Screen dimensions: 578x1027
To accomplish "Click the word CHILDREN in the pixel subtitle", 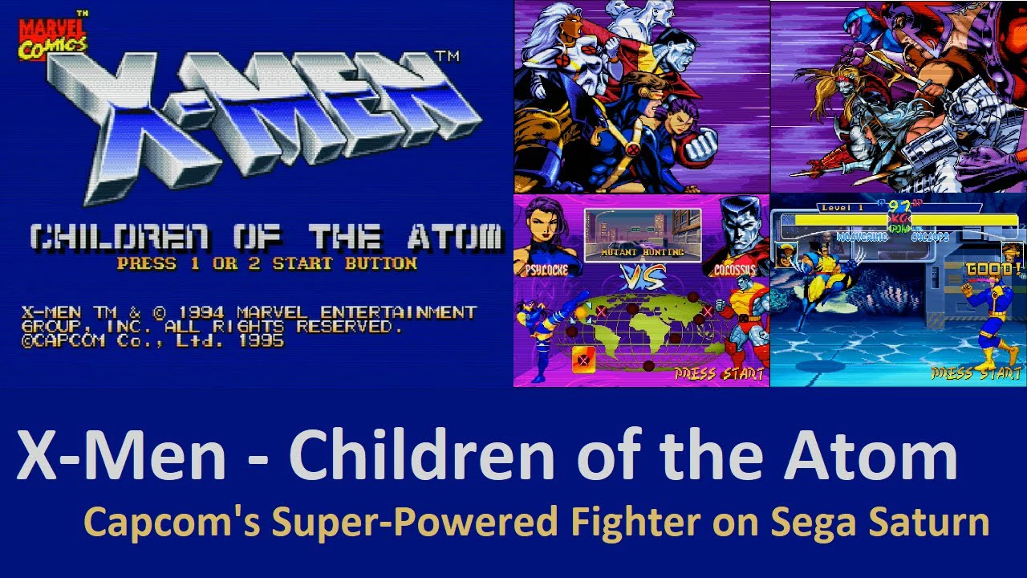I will coord(121,238).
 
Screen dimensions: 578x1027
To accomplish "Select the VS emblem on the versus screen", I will coord(643,278).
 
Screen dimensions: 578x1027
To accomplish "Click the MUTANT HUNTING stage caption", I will coord(643,252).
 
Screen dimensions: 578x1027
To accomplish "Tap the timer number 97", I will coord(899,207).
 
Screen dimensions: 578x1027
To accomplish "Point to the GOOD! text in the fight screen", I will coord(993,270).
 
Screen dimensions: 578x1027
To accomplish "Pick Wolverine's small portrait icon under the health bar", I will coord(788,254).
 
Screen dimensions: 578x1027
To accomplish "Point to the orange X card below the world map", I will coord(583,360).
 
